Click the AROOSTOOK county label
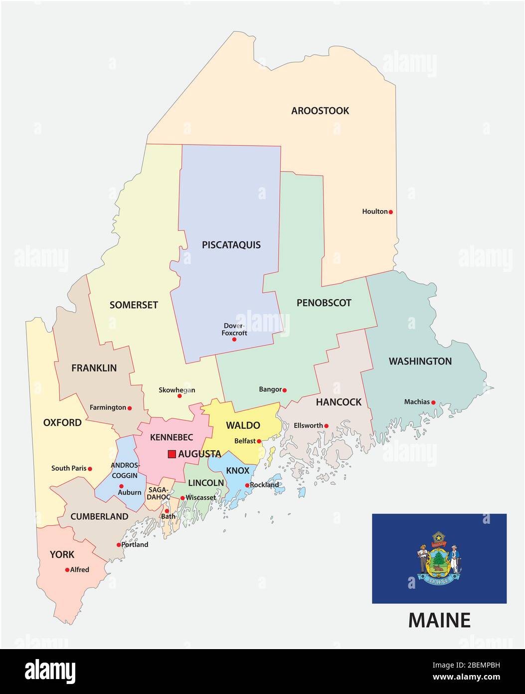click(x=320, y=111)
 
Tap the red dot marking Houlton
click(x=391, y=212)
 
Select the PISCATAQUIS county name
click(x=231, y=245)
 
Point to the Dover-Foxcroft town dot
click(x=234, y=340)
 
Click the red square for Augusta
click(x=172, y=454)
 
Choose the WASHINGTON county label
click(x=420, y=361)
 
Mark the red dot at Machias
click(x=433, y=402)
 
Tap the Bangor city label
click(x=270, y=389)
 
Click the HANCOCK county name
click(x=339, y=402)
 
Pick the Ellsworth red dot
click(x=327, y=426)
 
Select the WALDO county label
click(x=243, y=425)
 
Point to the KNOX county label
click(x=238, y=471)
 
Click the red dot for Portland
click(x=119, y=545)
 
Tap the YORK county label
click(x=62, y=555)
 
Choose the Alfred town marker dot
click(x=67, y=570)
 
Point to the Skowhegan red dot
click(x=179, y=396)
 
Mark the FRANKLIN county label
click(x=94, y=368)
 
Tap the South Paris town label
click(x=69, y=468)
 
